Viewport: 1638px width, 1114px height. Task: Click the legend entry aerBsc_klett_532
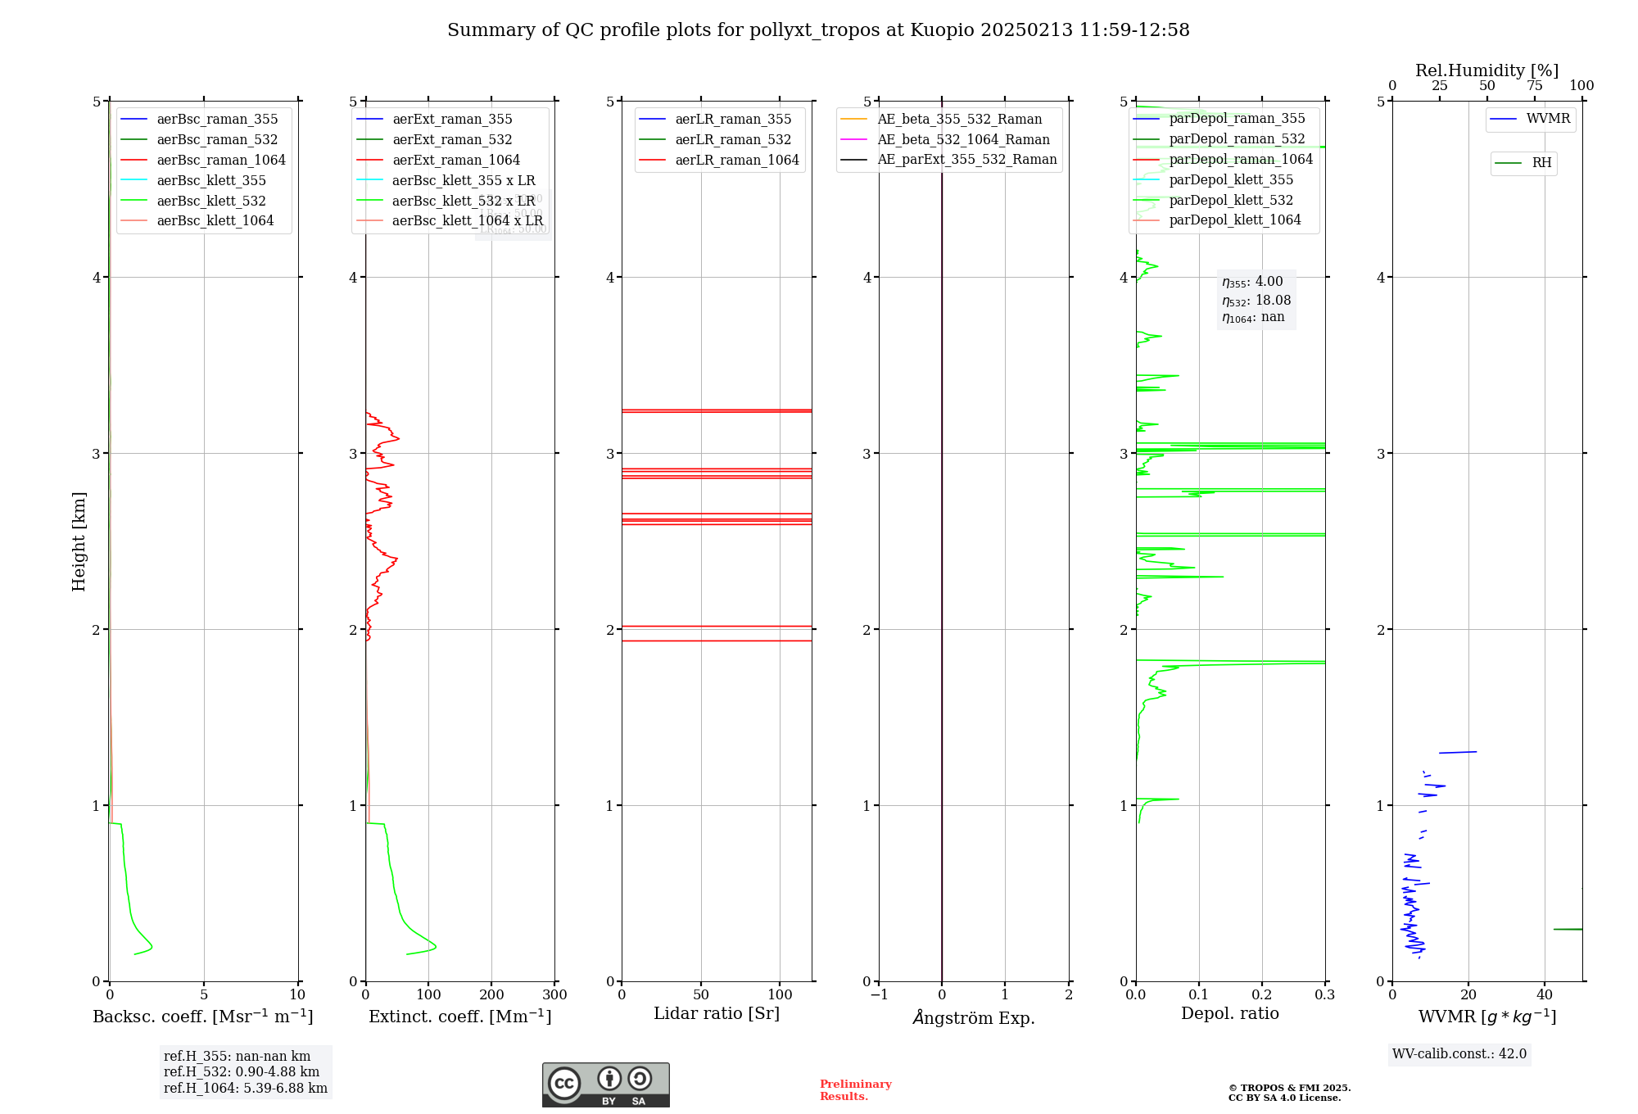coord(210,201)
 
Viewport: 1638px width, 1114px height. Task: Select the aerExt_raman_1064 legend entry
coord(455,160)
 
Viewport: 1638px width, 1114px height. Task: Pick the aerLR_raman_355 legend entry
coord(732,119)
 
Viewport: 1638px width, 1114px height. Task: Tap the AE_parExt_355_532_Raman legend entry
coord(966,159)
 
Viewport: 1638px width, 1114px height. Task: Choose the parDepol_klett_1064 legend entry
coord(1234,220)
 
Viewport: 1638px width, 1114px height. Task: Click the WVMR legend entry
coord(1547,119)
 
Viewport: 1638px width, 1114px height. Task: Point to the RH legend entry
coord(1541,163)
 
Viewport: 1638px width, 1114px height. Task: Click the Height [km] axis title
coord(79,541)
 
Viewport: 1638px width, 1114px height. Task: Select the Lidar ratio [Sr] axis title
coord(717,1013)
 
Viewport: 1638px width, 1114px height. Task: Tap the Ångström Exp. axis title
coord(974,1017)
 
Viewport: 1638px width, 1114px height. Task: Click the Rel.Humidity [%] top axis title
coord(1486,70)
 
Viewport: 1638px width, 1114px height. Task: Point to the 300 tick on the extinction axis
coord(554,995)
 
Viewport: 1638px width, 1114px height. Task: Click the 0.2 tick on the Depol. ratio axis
coord(1262,995)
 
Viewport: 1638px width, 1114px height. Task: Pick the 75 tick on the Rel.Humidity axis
coord(1534,86)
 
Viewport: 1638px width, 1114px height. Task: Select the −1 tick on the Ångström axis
coord(879,995)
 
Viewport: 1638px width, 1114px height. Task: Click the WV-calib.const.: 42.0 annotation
coord(1459,1053)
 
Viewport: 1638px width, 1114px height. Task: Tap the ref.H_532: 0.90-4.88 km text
coord(242,1071)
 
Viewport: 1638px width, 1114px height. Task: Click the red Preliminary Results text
coord(855,1090)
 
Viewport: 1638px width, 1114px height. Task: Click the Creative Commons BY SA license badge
coord(605,1085)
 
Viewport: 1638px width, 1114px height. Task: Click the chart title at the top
coord(818,30)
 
